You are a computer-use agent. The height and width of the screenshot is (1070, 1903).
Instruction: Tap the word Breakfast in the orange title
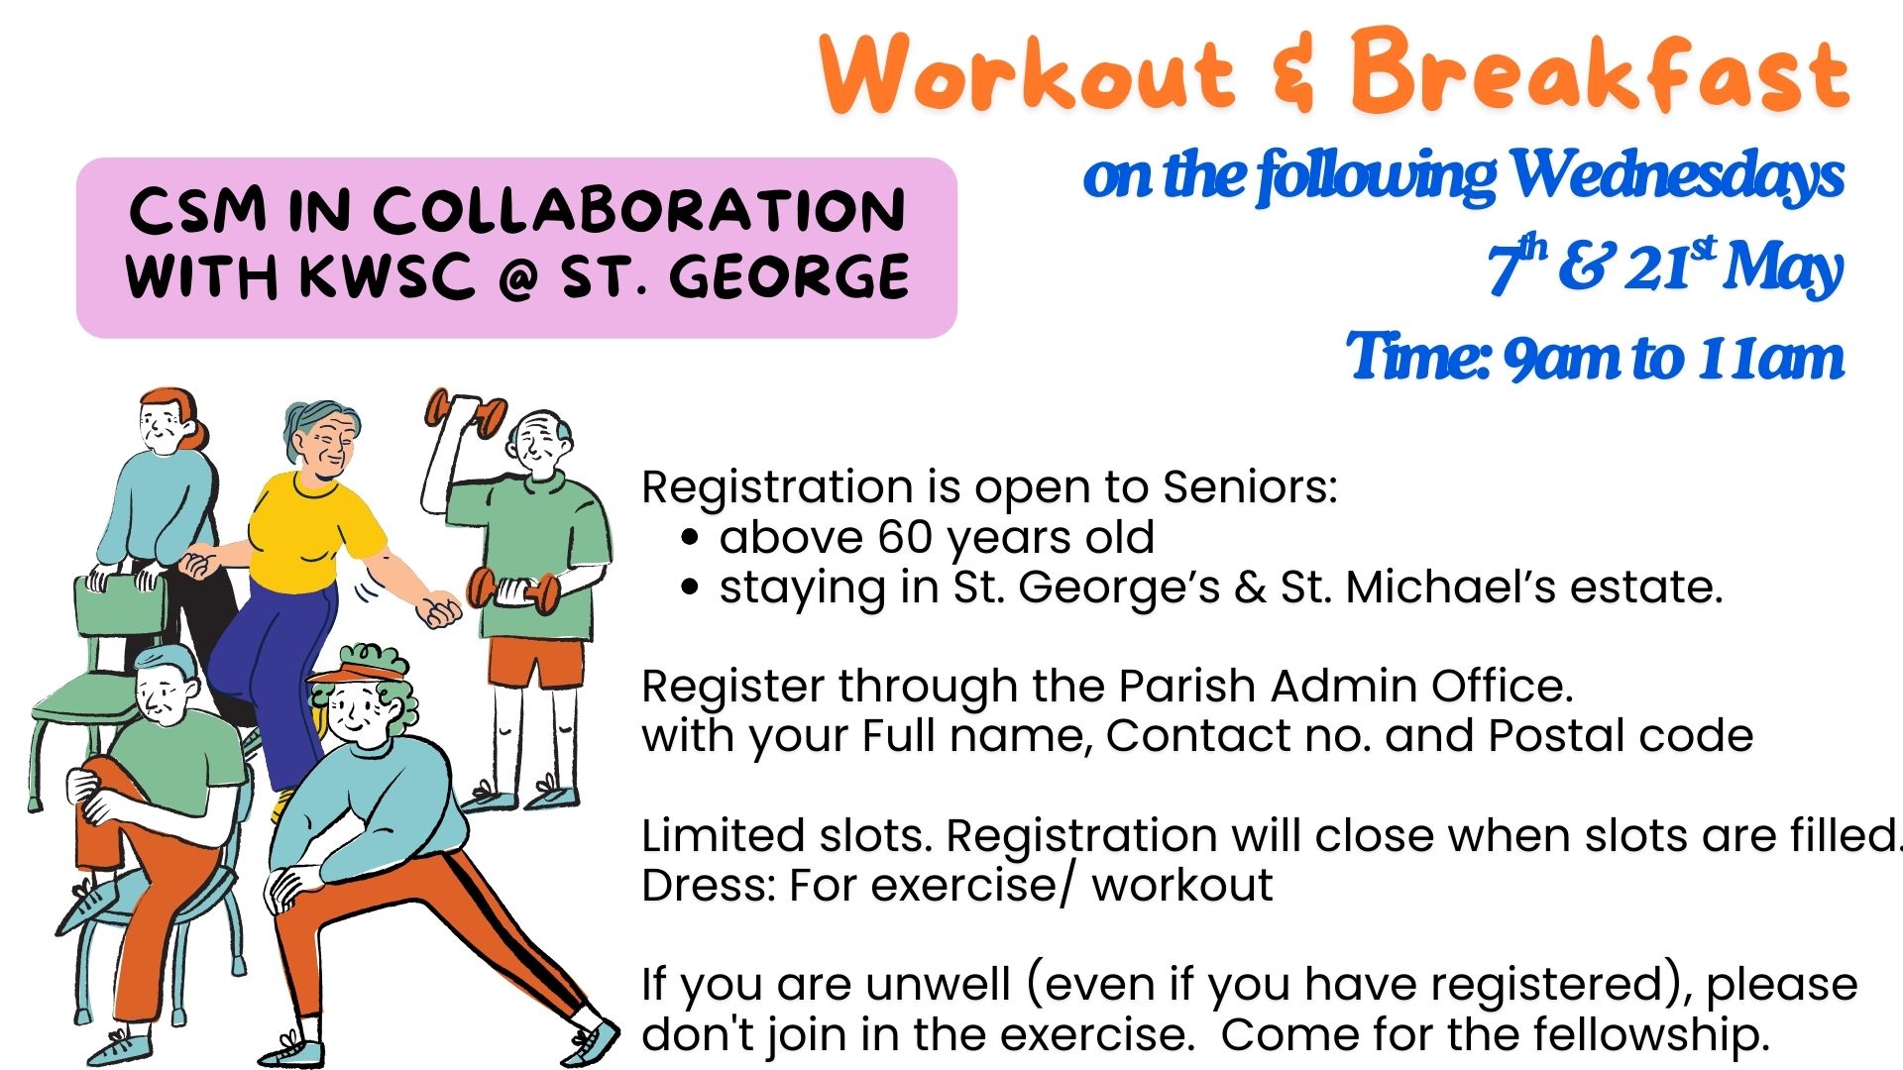(1600, 68)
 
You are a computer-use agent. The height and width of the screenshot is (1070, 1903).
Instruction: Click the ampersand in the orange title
(1293, 70)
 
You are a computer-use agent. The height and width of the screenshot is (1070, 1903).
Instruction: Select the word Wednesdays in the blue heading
(1676, 175)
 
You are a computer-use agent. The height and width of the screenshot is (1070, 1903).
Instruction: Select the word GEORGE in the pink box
(789, 275)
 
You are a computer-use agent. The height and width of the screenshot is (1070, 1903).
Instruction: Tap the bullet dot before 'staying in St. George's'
(691, 588)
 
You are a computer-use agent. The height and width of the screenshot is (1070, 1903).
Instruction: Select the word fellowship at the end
(1651, 1034)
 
